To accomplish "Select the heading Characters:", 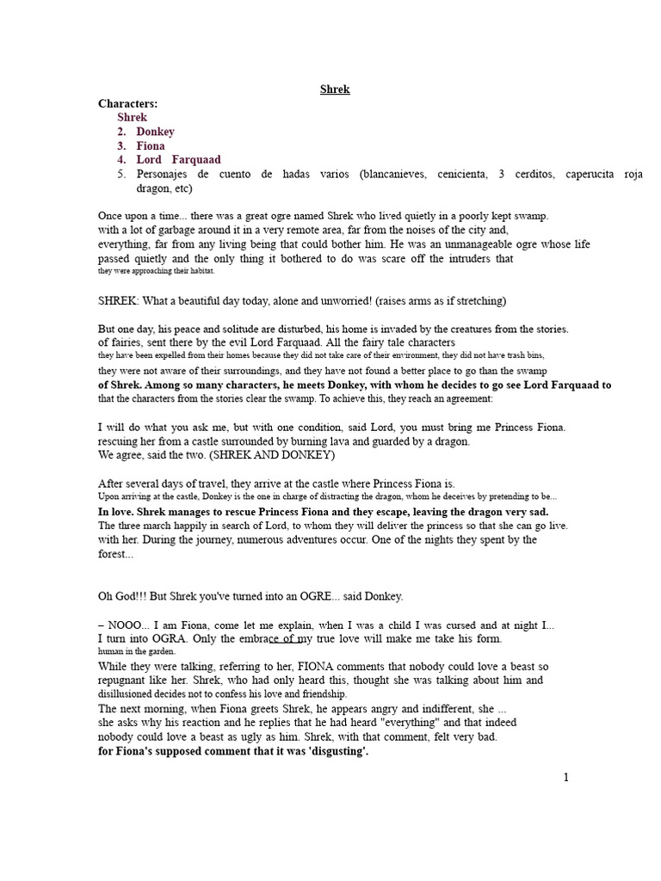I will pos(128,103).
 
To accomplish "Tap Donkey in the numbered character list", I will pos(155,132).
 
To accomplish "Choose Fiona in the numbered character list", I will pos(151,146).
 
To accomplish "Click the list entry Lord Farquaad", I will pos(178,160).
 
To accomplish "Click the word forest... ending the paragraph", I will pos(116,555).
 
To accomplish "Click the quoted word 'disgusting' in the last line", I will pos(330,751).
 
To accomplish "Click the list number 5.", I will pos(121,174).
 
